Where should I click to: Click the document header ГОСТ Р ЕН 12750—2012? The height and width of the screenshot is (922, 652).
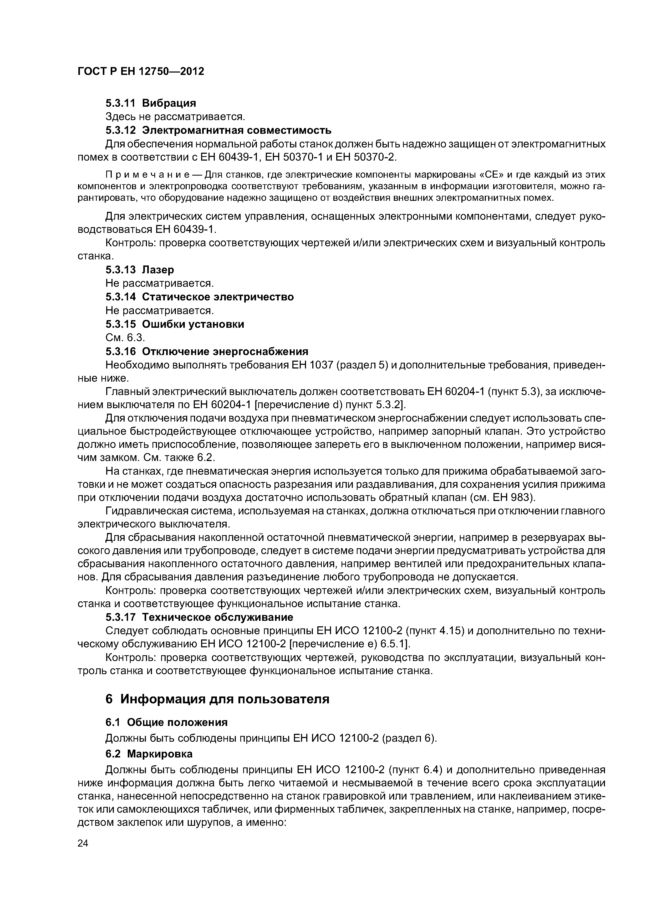pyautogui.click(x=141, y=71)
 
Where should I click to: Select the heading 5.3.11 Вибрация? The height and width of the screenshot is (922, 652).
pyautogui.click(x=151, y=103)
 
